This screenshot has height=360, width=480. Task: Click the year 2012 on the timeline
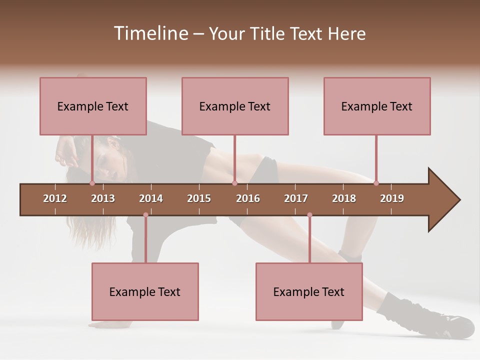click(x=55, y=198)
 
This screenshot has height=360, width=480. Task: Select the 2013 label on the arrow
click(x=103, y=198)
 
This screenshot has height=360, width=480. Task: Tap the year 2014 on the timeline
click(x=151, y=198)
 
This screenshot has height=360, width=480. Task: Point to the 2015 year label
click(x=199, y=198)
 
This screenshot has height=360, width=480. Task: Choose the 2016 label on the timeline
click(x=248, y=198)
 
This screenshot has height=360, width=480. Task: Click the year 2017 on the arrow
click(x=296, y=198)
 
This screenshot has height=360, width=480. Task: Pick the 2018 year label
click(x=344, y=198)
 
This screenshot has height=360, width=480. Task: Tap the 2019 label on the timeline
click(x=392, y=198)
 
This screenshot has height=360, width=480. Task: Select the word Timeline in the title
click(x=150, y=33)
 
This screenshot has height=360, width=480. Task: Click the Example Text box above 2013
click(x=93, y=106)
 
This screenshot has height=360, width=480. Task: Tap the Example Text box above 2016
click(x=235, y=106)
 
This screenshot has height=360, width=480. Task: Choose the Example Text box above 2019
click(x=377, y=106)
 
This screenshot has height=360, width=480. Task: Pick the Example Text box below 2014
click(x=145, y=291)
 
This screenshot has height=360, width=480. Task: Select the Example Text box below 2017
click(x=309, y=291)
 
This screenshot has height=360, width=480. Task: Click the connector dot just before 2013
click(x=92, y=183)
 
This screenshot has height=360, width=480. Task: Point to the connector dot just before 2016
click(x=234, y=183)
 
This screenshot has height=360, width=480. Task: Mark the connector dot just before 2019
click(x=376, y=183)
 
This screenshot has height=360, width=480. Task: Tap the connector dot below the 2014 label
click(x=145, y=215)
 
